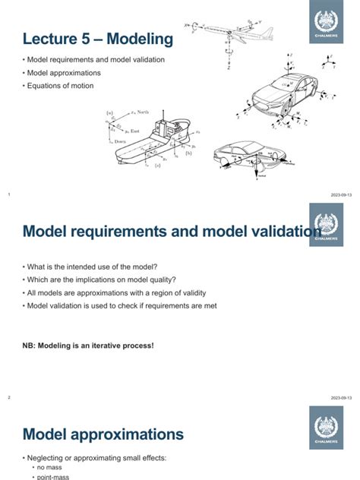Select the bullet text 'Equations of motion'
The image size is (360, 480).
click(x=63, y=85)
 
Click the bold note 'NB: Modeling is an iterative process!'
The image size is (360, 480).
click(x=88, y=346)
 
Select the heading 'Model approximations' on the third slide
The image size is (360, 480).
click(x=103, y=434)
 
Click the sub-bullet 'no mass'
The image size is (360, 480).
click(x=55, y=468)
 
